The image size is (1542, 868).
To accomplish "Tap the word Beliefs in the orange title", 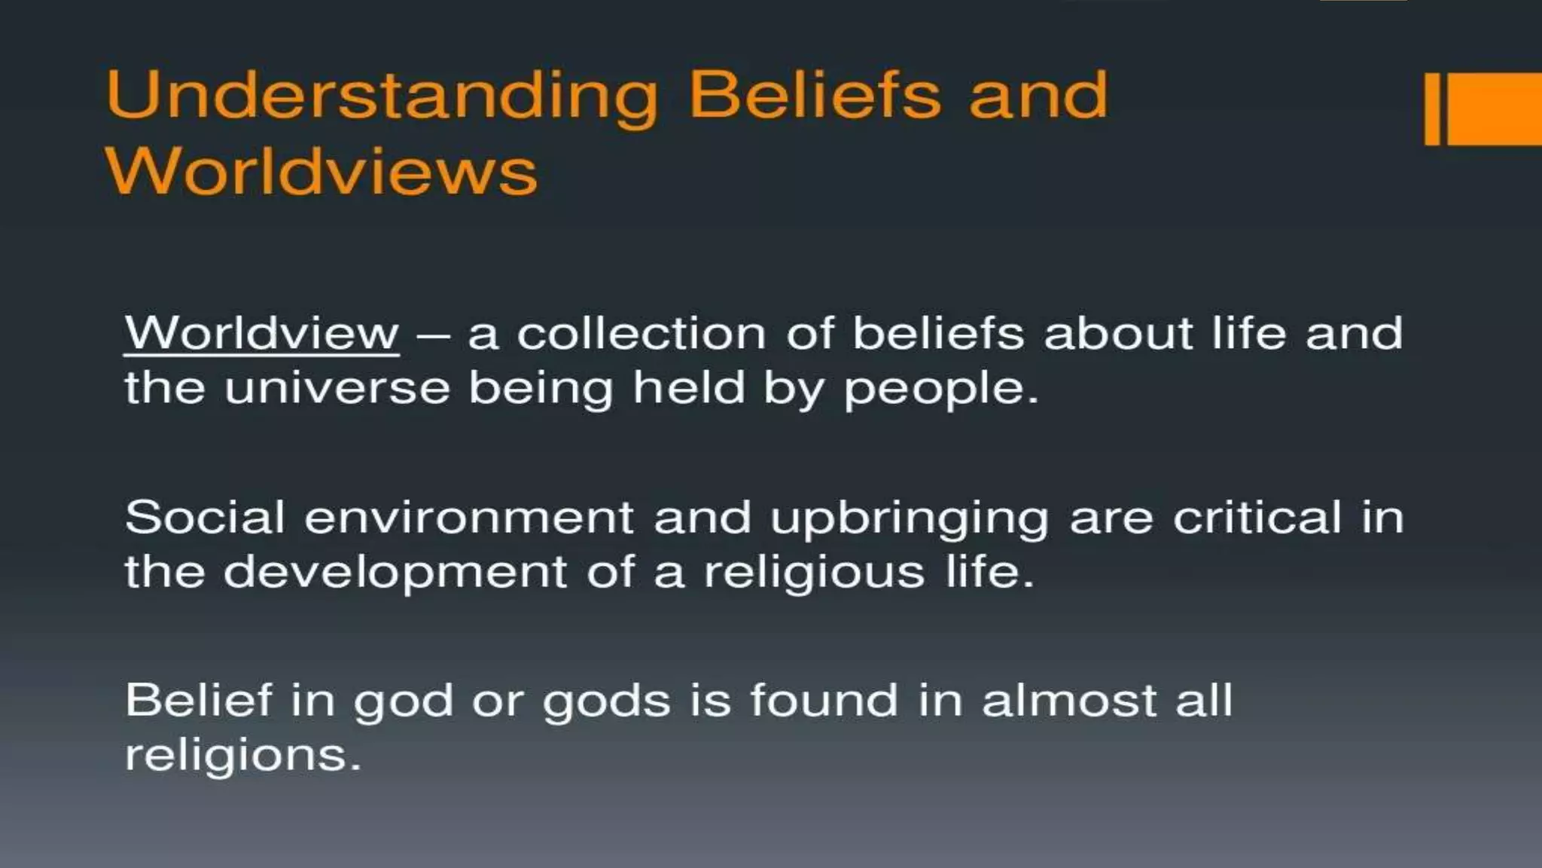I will tap(815, 95).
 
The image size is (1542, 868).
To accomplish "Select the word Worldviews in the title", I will tap(322, 172).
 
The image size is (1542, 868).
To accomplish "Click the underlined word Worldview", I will tap(261, 333).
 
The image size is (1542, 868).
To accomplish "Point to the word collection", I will tap(641, 333).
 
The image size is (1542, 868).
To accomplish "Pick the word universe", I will tap(337, 389).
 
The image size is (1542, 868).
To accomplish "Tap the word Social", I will tap(205, 518).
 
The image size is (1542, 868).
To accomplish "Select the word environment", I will tap(469, 518).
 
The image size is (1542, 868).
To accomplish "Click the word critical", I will tap(1257, 518).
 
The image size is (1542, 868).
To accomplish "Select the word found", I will tap(824, 700).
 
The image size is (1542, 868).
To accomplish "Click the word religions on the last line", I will tap(242, 756).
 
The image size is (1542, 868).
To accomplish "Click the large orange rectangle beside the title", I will tap(1495, 108).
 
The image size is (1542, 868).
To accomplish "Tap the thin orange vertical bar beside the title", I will tap(1432, 108).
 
